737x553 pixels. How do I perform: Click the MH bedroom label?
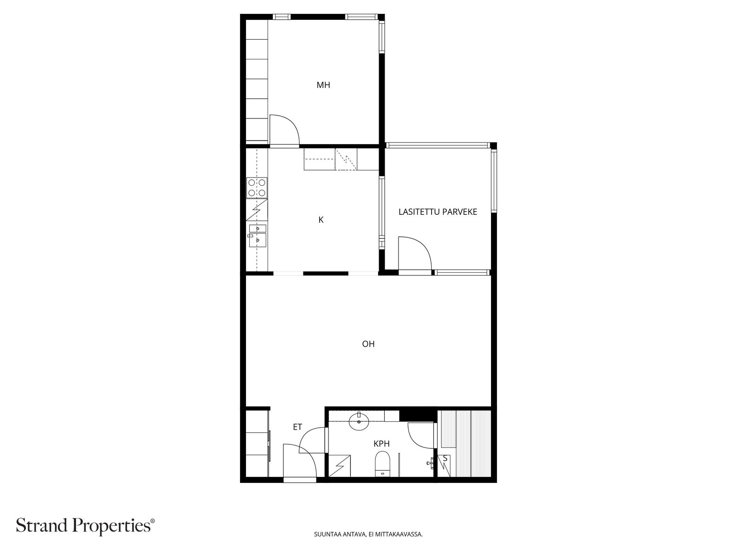click(x=323, y=85)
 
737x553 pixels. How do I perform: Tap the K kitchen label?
click(x=321, y=220)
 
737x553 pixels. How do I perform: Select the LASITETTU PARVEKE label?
click(x=438, y=212)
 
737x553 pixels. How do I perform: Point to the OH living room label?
click(x=368, y=344)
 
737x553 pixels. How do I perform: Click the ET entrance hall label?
click(x=298, y=427)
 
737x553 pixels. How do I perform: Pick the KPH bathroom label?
click(x=381, y=444)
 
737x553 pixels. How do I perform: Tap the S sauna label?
click(x=445, y=459)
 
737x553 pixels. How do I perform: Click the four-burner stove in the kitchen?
click(x=257, y=188)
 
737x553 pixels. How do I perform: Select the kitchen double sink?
click(x=257, y=236)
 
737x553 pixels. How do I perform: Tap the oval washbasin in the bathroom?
click(x=359, y=421)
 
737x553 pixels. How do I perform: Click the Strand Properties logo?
click(x=86, y=526)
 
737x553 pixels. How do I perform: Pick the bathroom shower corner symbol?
click(x=340, y=466)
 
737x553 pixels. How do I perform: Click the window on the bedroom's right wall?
click(x=382, y=36)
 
